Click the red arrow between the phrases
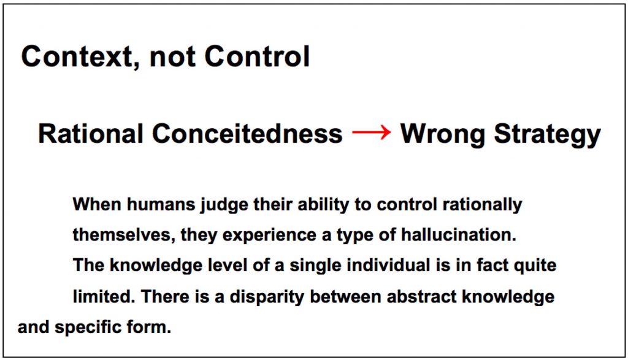tap(371, 132)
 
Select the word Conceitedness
tap(247, 133)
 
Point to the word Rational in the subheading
tap(91, 133)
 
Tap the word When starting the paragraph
tap(97, 204)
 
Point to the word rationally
tap(482, 205)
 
